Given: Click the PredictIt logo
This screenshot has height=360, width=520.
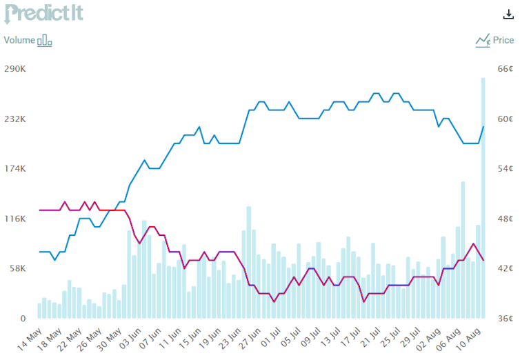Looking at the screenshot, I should tap(43, 14).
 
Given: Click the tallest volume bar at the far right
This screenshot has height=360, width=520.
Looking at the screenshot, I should tap(483, 200).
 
